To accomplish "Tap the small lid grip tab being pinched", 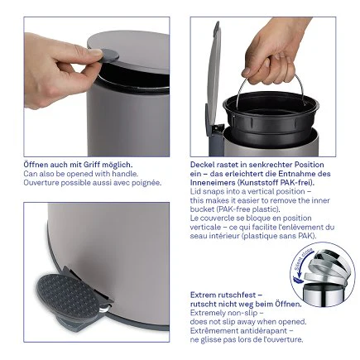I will coord(94,55).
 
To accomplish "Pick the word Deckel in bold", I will coord(202,165).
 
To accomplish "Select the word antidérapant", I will coord(248,331).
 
